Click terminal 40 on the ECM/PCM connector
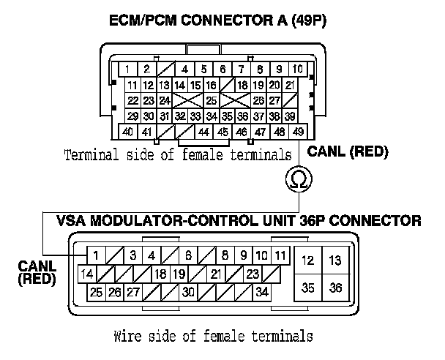[x=127, y=132]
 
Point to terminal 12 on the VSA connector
[x=307, y=260]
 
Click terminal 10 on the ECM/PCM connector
[x=298, y=70]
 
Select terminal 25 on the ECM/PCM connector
[x=211, y=100]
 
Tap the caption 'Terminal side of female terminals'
[x=178, y=155]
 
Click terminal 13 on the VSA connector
[x=334, y=260]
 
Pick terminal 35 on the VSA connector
[x=307, y=287]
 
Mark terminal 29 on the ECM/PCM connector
[x=133, y=116]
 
